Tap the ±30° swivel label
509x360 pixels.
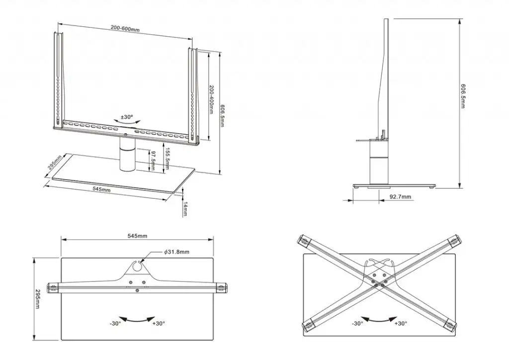click(x=127, y=117)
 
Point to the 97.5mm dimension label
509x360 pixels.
click(x=153, y=160)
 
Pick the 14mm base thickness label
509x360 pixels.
click(x=184, y=209)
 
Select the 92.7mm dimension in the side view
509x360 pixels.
click(x=400, y=197)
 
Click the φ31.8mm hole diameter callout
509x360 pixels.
click(x=176, y=252)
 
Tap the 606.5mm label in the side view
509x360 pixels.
click(x=463, y=96)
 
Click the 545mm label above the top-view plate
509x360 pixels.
click(x=138, y=236)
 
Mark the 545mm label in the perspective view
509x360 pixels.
click(x=101, y=189)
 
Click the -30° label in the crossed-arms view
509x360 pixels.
click(x=357, y=323)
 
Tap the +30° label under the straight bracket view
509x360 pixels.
click(x=158, y=323)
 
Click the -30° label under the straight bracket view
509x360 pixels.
click(x=115, y=323)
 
